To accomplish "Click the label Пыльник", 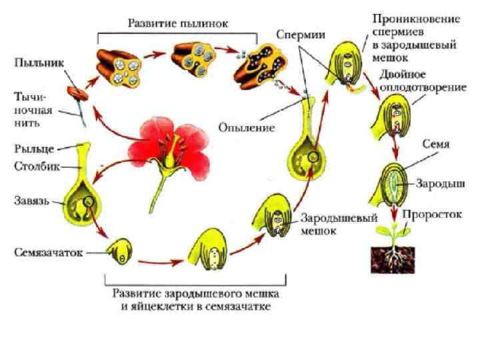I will click(x=37, y=63).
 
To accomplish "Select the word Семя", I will click(x=435, y=144).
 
